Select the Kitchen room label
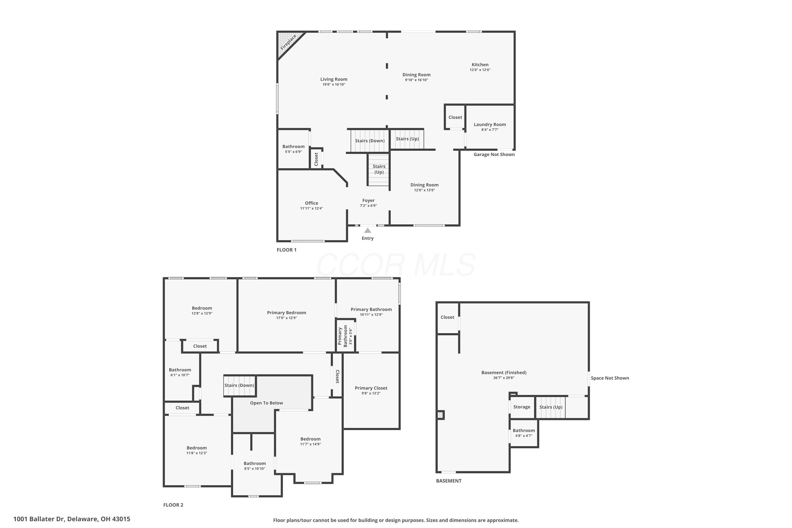point(480,65)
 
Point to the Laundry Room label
point(490,125)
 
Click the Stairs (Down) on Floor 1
point(370,141)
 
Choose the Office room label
point(312,203)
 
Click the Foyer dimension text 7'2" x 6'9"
point(368,206)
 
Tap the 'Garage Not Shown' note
point(494,154)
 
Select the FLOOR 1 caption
point(286,250)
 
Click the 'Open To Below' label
point(266,403)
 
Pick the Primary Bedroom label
point(286,313)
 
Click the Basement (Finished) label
point(504,373)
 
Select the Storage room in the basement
point(522,407)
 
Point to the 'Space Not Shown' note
point(610,378)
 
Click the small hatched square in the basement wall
point(440,415)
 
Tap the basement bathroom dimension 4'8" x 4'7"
point(524,436)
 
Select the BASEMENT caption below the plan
point(449,481)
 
